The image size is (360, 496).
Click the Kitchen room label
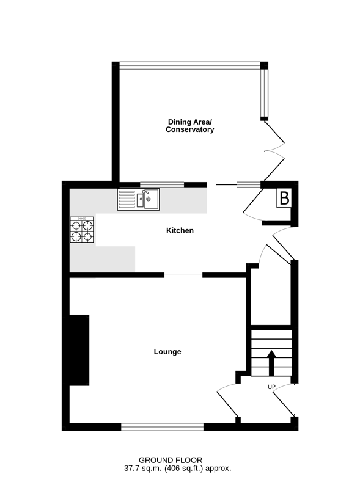[180, 230]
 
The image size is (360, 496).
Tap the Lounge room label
[167, 352]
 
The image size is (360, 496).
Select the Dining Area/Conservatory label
[190, 126]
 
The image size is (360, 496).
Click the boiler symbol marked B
[284, 198]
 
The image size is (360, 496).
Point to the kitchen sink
[138, 199]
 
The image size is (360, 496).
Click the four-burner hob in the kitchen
[82, 230]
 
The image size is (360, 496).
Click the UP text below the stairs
[271, 387]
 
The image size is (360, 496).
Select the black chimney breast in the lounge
[79, 350]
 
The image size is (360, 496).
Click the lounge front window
[162, 427]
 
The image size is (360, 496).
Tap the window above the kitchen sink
[162, 184]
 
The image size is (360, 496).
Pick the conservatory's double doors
[274, 151]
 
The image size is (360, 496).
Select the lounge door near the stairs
[228, 400]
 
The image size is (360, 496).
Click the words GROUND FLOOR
[171, 460]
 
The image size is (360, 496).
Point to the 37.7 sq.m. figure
[143, 469]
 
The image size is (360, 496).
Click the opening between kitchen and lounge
[183, 275]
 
